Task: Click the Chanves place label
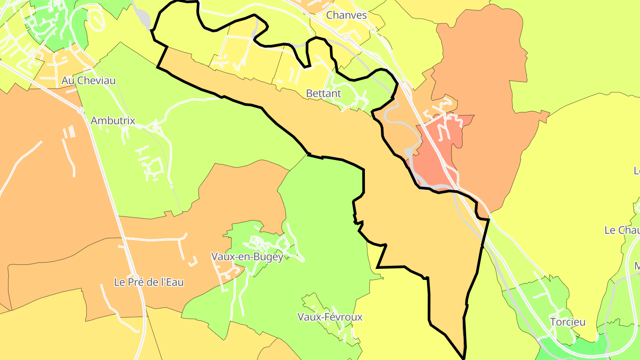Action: click(x=346, y=15)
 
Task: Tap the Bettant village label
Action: click(x=324, y=93)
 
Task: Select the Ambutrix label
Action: click(x=113, y=120)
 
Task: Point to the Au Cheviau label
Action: click(x=89, y=80)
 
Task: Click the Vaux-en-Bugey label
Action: click(x=247, y=256)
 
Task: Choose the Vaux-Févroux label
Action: click(x=330, y=317)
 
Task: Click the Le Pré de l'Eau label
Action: click(x=149, y=282)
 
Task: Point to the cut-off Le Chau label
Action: click(x=622, y=230)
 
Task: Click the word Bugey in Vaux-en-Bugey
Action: click(x=269, y=256)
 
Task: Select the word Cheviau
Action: click(x=96, y=80)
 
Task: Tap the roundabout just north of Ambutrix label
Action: click(x=80, y=110)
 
